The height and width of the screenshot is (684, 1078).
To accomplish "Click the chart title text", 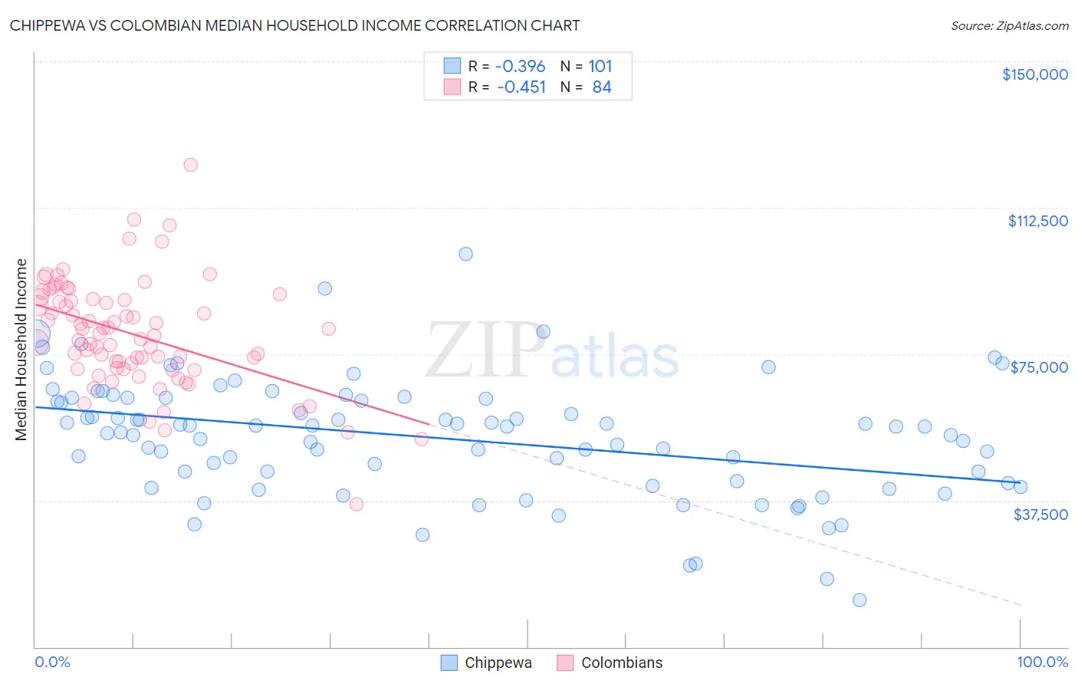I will tap(294, 25).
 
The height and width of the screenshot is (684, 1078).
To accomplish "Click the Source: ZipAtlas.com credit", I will tap(1009, 25).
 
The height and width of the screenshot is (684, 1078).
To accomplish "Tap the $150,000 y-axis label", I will tap(1034, 74).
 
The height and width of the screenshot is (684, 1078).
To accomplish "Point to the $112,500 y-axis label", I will tap(1037, 221).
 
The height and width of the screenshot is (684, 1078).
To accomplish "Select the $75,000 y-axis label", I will tap(1039, 367).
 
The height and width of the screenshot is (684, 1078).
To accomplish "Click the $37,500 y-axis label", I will tap(1040, 515).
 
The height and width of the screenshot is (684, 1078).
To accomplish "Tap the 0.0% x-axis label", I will tap(52, 662).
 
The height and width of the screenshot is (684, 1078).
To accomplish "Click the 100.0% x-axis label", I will tap(1042, 662).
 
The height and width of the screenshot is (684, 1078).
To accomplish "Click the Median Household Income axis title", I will tap(21, 350).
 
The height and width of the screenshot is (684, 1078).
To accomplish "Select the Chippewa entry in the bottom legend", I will tap(498, 663).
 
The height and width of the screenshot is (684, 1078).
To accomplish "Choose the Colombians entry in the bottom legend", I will tap(621, 663).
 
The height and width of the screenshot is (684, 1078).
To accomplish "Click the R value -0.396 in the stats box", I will tap(520, 67).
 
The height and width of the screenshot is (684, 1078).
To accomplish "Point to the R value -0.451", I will tap(521, 87).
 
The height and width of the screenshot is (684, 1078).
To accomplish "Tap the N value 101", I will tap(600, 67).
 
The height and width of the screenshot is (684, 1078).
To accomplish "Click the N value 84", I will tap(602, 87).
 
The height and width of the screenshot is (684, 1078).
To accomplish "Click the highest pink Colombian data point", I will tap(190, 165).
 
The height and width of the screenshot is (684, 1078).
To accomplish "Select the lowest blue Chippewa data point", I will tap(859, 600).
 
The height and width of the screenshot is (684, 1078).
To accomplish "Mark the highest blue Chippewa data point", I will tap(465, 254).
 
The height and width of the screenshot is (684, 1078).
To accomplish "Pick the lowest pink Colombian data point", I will tap(356, 504).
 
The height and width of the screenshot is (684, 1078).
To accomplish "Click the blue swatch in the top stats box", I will tap(452, 67).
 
